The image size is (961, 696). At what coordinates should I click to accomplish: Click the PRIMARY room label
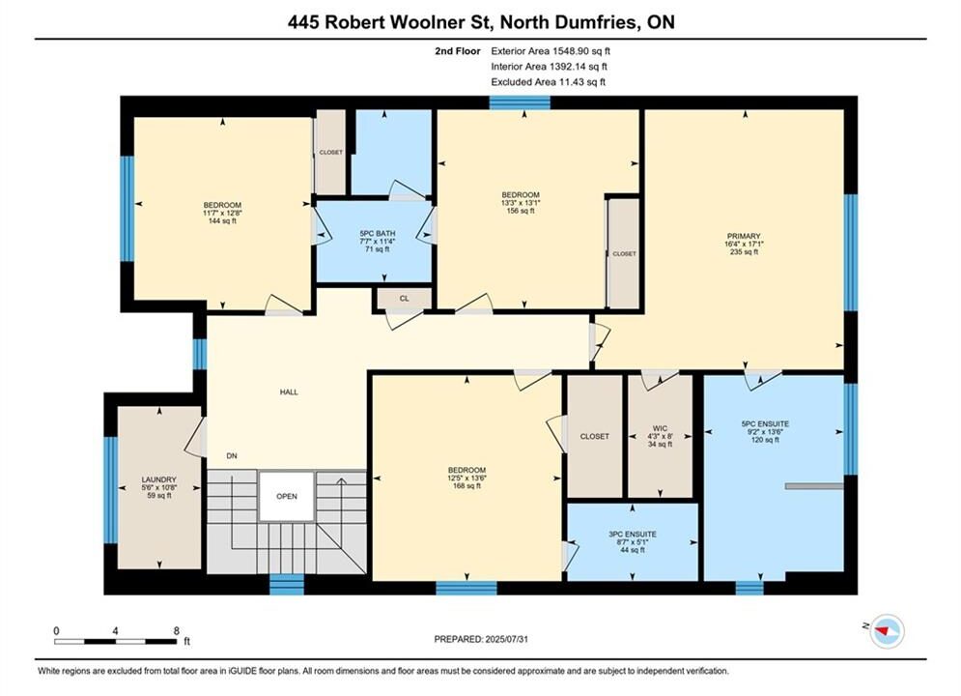[744, 236]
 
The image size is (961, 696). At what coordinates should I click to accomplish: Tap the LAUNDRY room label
[158, 479]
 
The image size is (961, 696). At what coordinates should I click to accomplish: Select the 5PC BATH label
[377, 234]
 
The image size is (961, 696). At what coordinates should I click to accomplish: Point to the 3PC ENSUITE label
[633, 535]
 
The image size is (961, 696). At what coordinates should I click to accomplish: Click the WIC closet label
[660, 428]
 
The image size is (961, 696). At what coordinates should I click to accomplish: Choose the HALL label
[289, 391]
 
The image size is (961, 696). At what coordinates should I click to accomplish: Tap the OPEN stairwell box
[287, 496]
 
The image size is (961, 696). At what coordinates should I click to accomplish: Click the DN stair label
[232, 455]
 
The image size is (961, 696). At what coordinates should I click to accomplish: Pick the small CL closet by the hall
[404, 299]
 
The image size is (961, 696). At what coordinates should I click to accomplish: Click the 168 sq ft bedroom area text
[466, 485]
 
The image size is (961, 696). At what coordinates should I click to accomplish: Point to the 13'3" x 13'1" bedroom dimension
[521, 202]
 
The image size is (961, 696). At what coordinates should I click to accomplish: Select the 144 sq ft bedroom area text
[222, 220]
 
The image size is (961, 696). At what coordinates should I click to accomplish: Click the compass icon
[887, 630]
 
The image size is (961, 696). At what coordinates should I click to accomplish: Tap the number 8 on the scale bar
[177, 630]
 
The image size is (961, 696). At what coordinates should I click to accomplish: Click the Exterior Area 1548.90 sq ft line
[551, 51]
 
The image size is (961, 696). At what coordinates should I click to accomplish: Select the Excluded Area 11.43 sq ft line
[548, 81]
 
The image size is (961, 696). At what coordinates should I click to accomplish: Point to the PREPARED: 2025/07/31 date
[481, 639]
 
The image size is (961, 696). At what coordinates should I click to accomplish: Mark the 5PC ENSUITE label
[765, 423]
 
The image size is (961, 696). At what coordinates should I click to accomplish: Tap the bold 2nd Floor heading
[458, 51]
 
